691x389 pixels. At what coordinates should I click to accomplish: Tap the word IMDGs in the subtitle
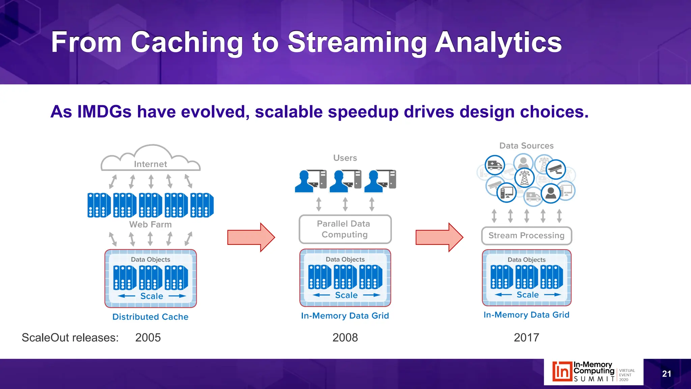click(x=104, y=112)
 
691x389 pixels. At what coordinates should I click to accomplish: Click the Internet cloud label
click(x=150, y=164)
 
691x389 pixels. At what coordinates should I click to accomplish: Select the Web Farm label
click(x=150, y=225)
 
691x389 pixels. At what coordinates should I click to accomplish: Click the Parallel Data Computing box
click(x=345, y=229)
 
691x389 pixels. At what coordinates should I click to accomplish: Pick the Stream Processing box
click(x=526, y=236)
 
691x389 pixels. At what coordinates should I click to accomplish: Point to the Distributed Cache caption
click(x=150, y=317)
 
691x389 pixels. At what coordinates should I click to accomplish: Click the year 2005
click(x=148, y=338)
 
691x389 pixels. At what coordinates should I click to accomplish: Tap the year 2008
click(x=345, y=338)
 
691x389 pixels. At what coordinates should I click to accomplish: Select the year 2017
click(x=526, y=338)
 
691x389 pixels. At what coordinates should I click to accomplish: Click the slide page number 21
click(x=666, y=374)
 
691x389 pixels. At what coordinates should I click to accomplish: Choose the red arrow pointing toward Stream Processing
click(x=439, y=237)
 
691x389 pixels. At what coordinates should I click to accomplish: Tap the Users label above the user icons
click(x=345, y=158)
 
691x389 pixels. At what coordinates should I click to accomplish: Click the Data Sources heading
click(x=526, y=146)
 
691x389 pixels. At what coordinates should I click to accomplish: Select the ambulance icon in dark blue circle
click(x=495, y=165)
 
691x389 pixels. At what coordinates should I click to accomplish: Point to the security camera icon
click(x=555, y=169)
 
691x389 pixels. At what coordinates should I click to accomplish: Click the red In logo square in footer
click(x=562, y=371)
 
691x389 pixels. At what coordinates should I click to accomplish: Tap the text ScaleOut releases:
click(x=70, y=338)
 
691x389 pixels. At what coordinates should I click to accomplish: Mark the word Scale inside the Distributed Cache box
click(x=152, y=296)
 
